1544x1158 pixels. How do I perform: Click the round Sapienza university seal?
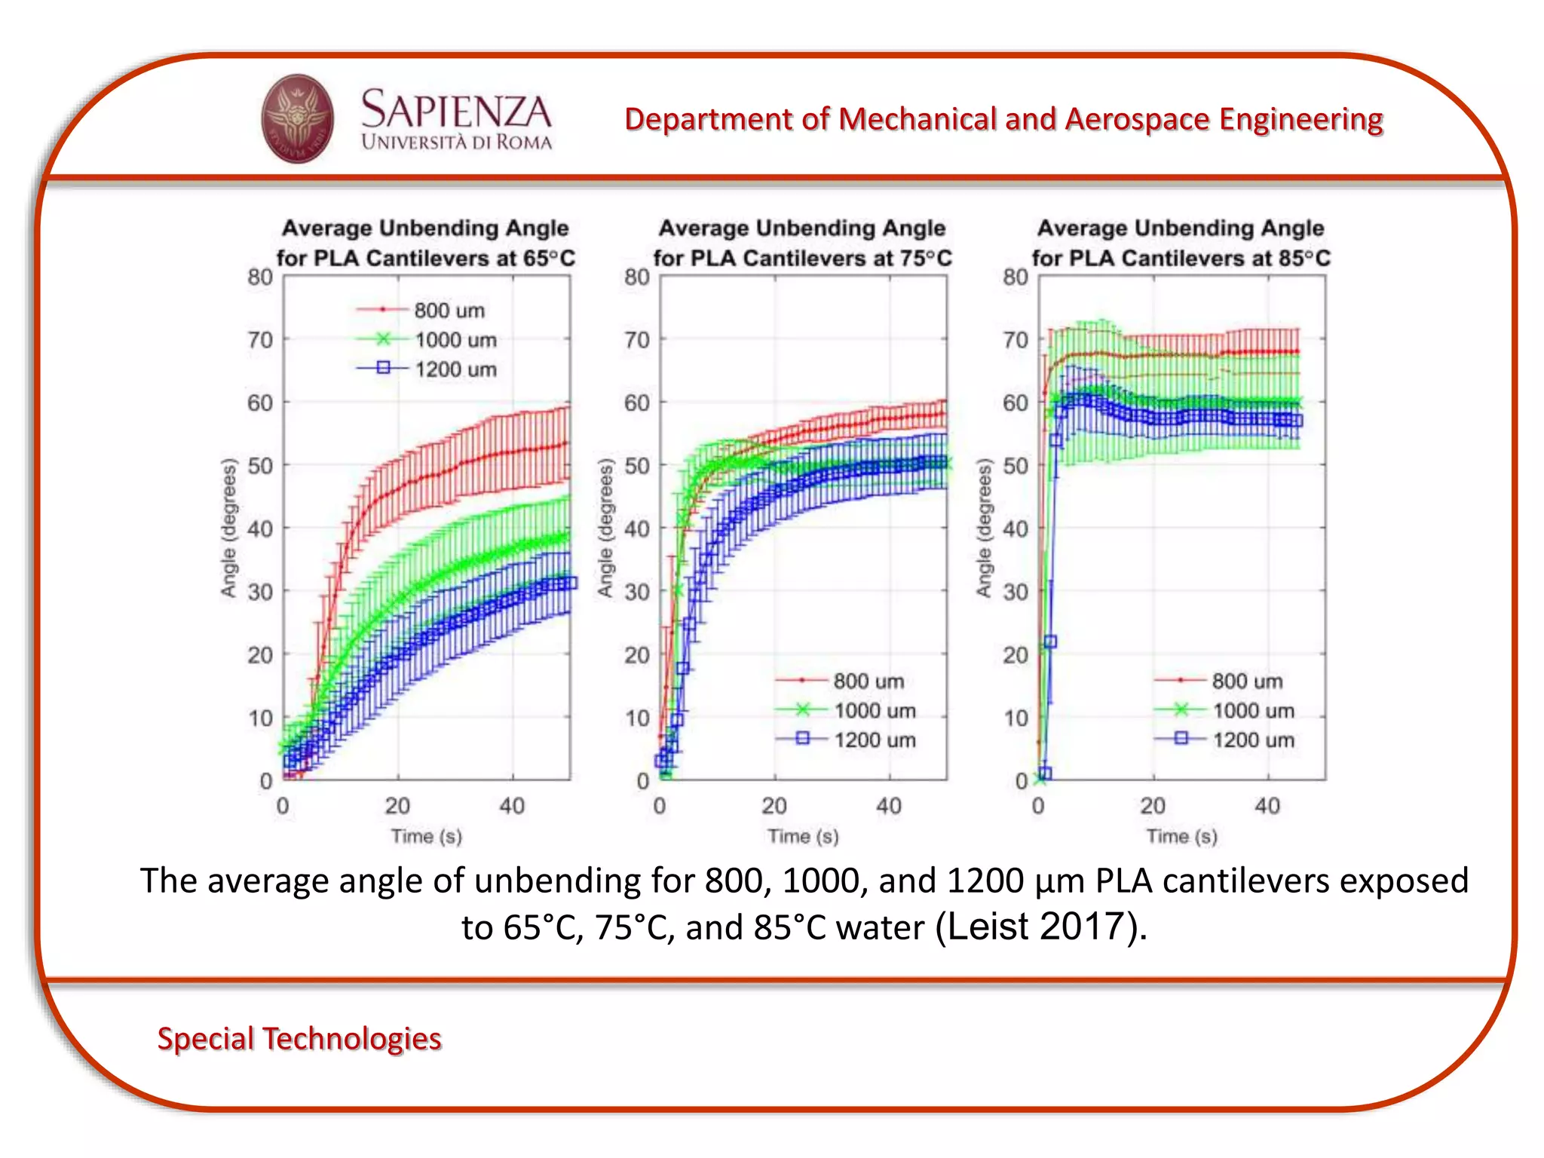click(x=297, y=118)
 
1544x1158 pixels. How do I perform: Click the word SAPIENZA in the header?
click(x=456, y=109)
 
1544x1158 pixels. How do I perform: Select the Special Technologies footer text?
click(x=299, y=1038)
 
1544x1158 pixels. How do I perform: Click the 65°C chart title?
click(x=425, y=242)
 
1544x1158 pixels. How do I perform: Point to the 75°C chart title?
click(x=802, y=242)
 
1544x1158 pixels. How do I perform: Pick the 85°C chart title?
click(x=1181, y=242)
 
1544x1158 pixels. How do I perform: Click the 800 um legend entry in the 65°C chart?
click(x=449, y=310)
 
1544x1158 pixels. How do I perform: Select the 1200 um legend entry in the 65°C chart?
click(x=455, y=369)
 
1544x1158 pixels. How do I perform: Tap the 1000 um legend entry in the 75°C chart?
click(x=874, y=710)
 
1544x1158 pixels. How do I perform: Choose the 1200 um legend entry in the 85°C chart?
click(x=1252, y=740)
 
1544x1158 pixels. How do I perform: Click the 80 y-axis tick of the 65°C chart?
click(x=260, y=277)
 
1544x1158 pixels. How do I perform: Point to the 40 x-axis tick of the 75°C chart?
click(x=889, y=806)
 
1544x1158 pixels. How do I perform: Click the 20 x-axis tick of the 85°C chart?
click(x=1153, y=806)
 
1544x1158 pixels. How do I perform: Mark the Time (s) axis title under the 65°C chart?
click(x=426, y=836)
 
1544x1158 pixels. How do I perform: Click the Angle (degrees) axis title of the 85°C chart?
click(x=983, y=528)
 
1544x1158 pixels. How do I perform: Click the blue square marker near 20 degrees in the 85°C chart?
click(x=1050, y=642)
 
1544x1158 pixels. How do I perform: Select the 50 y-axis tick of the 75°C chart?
click(x=637, y=465)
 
